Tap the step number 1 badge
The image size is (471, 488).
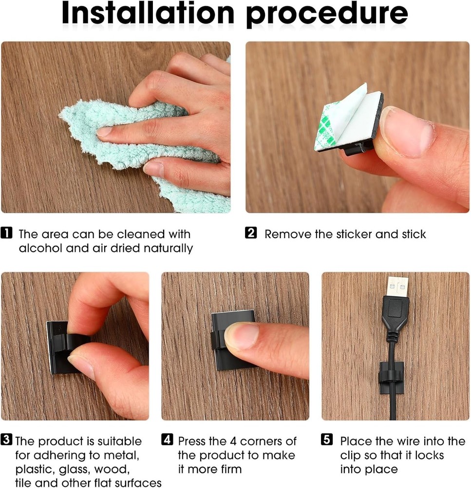7,233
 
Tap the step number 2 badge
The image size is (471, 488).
250,233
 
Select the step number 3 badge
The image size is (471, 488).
7,441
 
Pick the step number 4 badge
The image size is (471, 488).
167,441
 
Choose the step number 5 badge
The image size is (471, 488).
327,441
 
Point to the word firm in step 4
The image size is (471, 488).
228,469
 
